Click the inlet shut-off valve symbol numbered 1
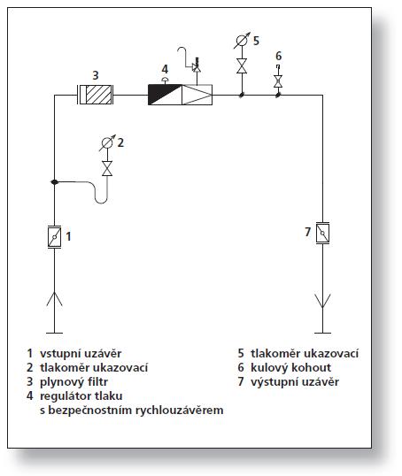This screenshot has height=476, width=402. [54, 237]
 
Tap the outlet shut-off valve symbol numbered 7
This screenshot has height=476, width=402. [322, 234]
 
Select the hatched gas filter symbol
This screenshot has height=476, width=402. [96, 95]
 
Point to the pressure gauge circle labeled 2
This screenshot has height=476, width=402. [106, 142]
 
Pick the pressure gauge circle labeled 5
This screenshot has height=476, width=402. [242, 41]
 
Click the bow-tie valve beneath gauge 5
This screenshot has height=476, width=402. [242, 65]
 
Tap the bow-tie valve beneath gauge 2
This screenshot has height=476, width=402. [107, 168]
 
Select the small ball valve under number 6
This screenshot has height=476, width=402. [278, 81]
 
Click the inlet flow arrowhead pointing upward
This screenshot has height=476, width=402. [54, 299]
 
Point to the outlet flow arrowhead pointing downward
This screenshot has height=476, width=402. [322, 301]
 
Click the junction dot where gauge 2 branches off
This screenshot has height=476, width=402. [54, 182]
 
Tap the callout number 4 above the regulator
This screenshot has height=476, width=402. [165, 69]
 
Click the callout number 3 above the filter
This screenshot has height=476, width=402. [96, 75]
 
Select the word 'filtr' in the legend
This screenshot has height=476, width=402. [97, 382]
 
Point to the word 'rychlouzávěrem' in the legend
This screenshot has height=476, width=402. [179, 411]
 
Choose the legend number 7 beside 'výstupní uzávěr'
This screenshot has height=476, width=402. [241, 382]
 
